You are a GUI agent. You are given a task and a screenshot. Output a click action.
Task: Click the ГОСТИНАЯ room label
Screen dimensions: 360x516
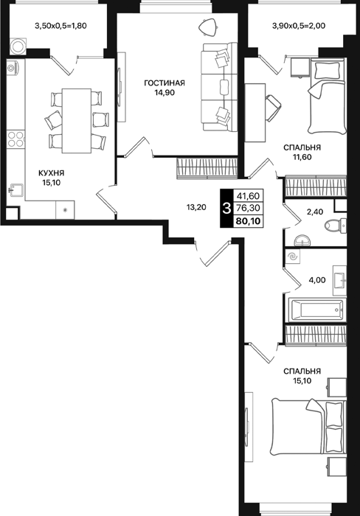(165, 83)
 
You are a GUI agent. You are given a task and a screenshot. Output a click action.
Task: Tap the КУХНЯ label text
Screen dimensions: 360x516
(52, 173)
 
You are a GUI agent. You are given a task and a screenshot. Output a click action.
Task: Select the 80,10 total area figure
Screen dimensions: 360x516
(249, 221)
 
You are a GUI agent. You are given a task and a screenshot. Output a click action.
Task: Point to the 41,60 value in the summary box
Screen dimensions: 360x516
(248, 196)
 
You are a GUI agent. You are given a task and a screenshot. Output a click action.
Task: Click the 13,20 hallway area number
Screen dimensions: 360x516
(196, 207)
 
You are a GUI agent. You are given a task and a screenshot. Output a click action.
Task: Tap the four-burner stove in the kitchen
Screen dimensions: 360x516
(15, 139)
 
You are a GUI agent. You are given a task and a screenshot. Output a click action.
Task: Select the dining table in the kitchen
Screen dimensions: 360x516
(77, 121)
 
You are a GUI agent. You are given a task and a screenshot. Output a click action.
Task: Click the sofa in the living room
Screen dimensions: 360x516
(219, 87)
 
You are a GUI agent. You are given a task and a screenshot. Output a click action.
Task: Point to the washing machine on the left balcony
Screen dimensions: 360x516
(18, 46)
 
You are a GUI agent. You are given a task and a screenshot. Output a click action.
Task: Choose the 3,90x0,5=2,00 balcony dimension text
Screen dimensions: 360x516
(299, 25)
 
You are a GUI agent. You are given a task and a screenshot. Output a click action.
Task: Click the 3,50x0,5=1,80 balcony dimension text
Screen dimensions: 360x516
(60, 25)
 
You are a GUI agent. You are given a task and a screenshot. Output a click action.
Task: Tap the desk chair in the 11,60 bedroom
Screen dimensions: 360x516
(273, 108)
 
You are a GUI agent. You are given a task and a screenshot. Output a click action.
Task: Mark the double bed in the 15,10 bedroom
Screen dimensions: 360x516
(309, 427)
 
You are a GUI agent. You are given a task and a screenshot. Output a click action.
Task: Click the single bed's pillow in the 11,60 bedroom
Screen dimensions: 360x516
(327, 71)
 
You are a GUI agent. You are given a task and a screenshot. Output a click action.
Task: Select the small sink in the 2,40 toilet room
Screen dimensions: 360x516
(302, 240)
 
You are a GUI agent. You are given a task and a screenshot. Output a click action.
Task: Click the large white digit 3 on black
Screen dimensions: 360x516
(226, 209)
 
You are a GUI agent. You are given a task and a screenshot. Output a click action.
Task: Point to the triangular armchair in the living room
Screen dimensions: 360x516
(208, 27)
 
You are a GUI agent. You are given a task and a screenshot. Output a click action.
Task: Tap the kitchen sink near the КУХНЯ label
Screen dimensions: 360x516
(15, 190)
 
